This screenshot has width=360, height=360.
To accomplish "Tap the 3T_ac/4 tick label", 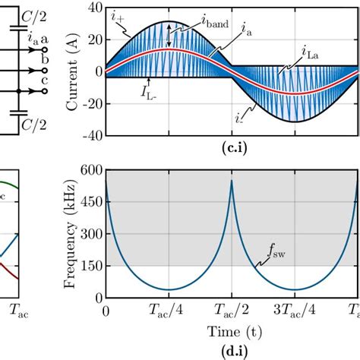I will pyautogui.click(x=293, y=311).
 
